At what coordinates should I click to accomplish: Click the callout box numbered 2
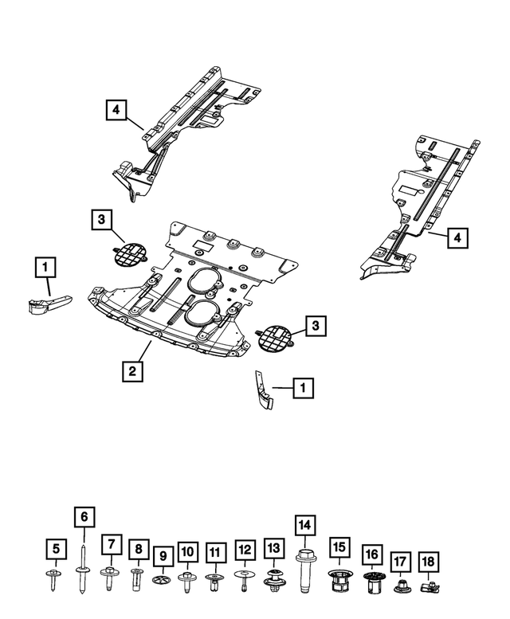tap(133, 370)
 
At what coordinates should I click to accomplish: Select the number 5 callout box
tap(56, 549)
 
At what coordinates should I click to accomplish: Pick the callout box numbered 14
tap(304, 525)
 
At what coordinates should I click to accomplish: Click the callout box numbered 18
tap(429, 563)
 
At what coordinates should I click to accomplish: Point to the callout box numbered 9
tap(163, 554)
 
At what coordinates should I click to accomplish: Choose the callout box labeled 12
tap(244, 550)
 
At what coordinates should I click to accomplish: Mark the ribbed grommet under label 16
tap(371, 582)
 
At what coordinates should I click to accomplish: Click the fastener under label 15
tap(340, 582)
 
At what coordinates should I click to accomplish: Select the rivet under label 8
tap(138, 577)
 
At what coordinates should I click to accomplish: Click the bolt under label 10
tap(188, 579)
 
